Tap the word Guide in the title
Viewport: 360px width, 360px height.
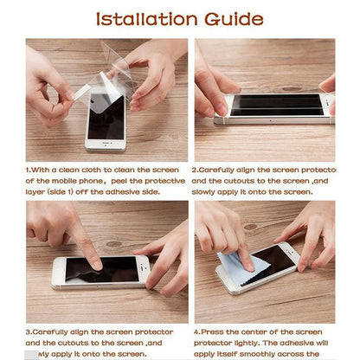233,18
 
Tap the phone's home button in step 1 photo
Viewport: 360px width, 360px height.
105,145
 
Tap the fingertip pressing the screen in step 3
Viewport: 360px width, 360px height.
92,263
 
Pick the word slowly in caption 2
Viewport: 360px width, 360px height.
209,191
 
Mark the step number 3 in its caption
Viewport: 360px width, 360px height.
29,331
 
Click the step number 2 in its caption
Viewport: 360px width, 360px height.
195,170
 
